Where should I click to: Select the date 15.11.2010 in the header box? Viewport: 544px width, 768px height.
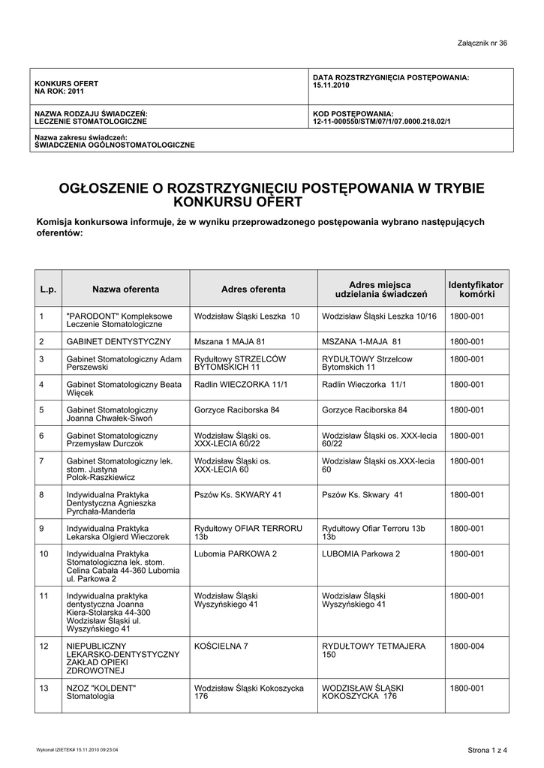pos(330,85)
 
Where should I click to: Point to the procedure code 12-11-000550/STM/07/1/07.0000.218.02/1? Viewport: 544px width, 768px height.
pos(382,121)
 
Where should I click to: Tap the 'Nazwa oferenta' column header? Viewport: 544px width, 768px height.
pos(125,289)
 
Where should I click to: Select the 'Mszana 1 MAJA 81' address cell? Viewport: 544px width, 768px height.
pos(230,341)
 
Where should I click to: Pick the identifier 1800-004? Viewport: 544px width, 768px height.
pos(467,646)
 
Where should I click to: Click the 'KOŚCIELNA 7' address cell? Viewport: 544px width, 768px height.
pos(221,646)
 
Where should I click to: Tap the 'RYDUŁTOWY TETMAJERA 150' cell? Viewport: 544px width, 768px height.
pos(374,650)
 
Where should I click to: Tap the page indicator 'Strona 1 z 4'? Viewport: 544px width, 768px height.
pos(488,750)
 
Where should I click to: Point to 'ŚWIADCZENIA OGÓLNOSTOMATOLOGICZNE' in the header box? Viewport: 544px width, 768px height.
pos(115,144)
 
